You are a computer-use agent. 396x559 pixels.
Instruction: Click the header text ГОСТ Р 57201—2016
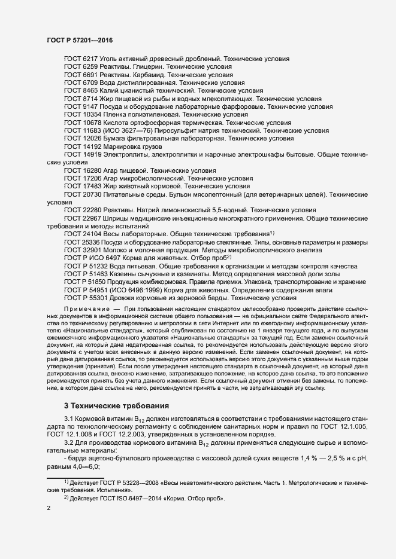pyautogui.click(x=79, y=40)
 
